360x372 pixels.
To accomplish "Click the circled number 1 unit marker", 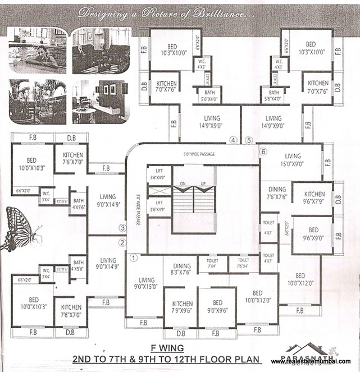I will (134, 259).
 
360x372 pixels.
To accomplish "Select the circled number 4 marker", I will (233, 140).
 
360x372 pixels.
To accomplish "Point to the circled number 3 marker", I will (122, 228).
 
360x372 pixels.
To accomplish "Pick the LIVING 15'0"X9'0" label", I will (293, 160).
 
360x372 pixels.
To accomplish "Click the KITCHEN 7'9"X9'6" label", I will (180, 306).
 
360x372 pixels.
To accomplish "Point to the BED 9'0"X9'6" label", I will (217, 306).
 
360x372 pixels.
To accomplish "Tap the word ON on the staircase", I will (182, 183).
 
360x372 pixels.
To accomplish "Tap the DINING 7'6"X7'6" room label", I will (276, 194).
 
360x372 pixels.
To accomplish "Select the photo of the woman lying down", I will (38, 51).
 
